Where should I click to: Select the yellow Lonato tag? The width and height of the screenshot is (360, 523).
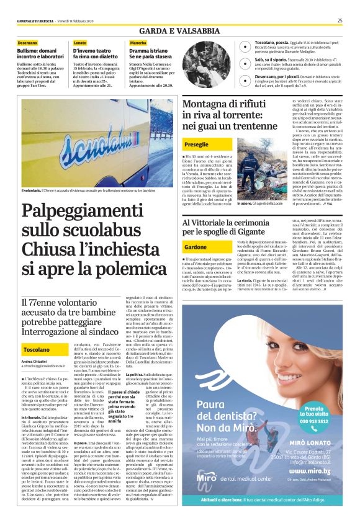tap(81, 42)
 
